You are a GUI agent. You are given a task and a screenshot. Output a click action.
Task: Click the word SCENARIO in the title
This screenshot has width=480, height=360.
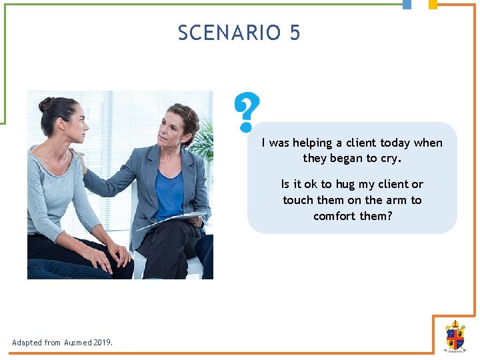pos(229,33)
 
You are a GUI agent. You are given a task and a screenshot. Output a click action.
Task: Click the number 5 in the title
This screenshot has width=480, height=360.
pos(295,33)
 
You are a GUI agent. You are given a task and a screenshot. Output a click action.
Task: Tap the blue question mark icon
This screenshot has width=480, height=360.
pos(247,111)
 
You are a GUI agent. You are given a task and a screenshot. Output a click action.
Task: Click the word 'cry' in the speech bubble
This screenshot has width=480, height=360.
pos(391,158)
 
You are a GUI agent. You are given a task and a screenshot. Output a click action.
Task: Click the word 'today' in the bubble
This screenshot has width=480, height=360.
pos(395,143)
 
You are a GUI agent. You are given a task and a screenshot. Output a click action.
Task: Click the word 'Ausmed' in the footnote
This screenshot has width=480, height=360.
pos(78,343)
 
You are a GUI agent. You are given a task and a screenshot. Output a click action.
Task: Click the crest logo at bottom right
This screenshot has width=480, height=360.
pos(455,335)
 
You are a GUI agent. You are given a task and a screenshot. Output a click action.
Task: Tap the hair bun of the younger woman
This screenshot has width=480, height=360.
pos(45,105)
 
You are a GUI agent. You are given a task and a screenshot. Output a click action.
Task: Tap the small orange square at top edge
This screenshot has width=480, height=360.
pos(433,4)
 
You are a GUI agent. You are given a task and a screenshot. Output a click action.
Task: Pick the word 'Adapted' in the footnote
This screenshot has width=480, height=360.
pos(27,343)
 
